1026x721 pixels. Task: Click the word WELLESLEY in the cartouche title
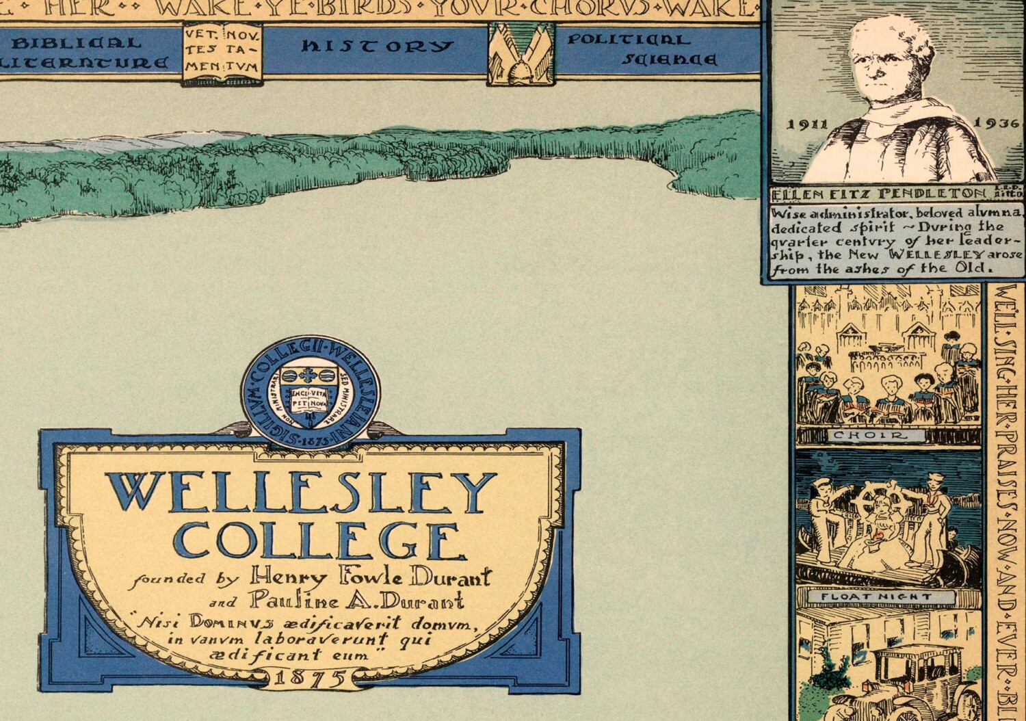pos(301,492)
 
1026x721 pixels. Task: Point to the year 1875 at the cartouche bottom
pos(309,679)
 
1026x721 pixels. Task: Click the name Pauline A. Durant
pos(356,601)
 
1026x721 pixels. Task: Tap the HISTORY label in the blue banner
pos(377,47)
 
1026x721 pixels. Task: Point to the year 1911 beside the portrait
pos(808,124)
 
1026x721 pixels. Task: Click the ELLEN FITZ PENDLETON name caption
pos(880,193)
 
